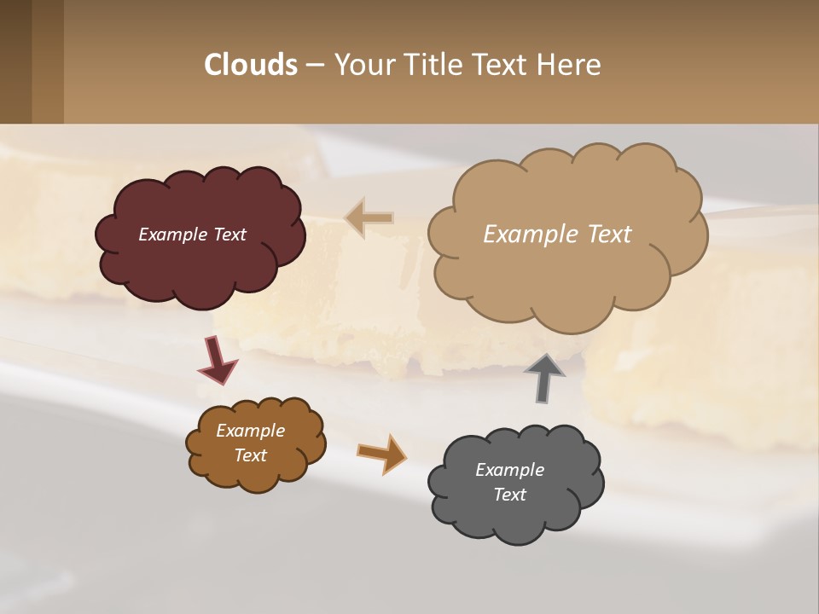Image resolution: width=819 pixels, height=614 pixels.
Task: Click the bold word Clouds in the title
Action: (251, 65)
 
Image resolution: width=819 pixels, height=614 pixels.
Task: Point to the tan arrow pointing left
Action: (369, 217)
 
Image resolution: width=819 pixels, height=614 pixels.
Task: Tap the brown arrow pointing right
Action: (381, 453)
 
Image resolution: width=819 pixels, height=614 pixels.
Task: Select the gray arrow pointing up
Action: (544, 377)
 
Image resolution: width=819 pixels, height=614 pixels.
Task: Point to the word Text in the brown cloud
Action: (250, 455)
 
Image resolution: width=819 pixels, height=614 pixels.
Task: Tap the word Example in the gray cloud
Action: (509, 470)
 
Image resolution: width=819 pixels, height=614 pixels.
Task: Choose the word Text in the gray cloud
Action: (509, 495)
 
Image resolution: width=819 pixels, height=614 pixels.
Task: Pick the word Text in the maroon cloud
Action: (229, 235)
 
